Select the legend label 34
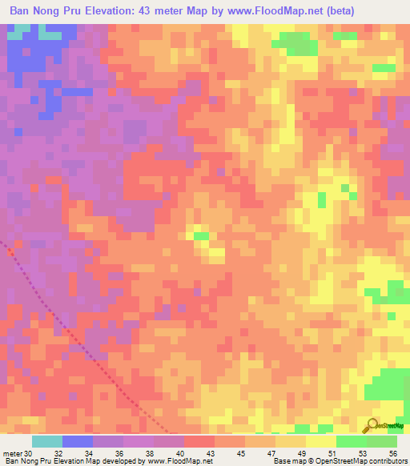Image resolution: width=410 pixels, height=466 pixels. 93,453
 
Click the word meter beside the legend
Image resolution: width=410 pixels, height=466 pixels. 12,453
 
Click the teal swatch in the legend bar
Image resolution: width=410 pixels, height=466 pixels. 46,441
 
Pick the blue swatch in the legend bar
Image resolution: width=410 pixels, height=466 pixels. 78,441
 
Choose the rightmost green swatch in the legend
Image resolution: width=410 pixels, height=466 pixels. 382,441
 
